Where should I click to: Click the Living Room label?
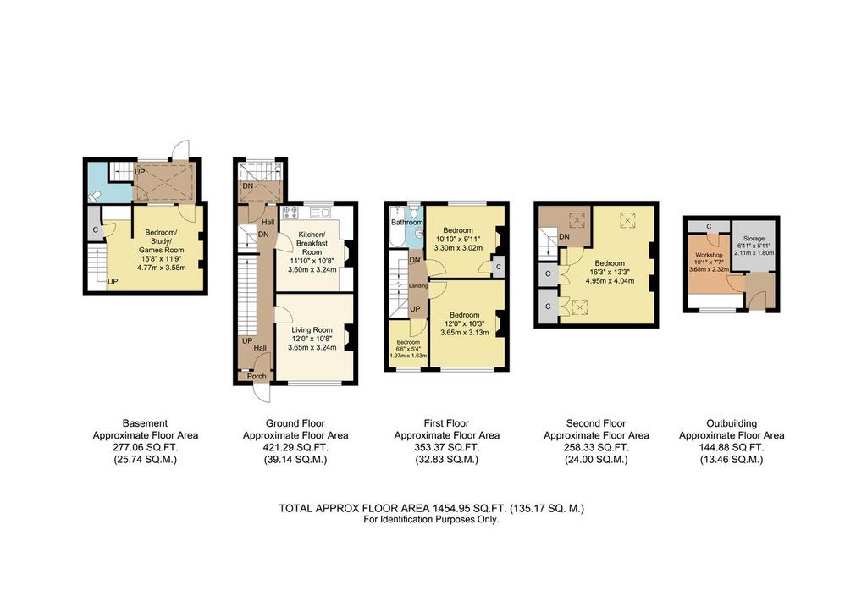pos(312,330)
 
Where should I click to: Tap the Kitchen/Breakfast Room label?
pos(312,243)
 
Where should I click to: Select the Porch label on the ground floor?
pos(257,377)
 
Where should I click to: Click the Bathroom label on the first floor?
pos(407,222)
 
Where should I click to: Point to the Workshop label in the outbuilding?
pos(709,256)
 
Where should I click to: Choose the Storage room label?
pos(754,239)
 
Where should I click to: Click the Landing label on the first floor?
pos(418,286)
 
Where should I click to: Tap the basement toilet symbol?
pos(95,195)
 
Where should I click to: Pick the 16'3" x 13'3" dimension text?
pos(610,272)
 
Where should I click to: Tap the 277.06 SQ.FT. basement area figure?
pos(146,448)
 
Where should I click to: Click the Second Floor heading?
pos(596,423)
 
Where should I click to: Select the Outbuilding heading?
pos(732,423)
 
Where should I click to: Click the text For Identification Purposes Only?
pos(431,520)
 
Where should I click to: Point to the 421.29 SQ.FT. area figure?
pos(295,448)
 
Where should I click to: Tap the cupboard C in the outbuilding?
pos(709,227)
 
